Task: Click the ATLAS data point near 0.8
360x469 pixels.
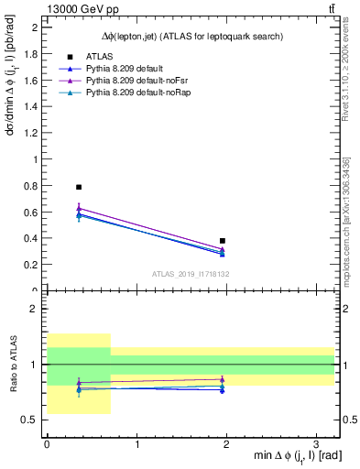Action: pyautogui.click(x=79, y=187)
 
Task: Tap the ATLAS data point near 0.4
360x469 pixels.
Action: pyautogui.click(x=223, y=241)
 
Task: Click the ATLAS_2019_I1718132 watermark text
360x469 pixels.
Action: pyautogui.click(x=191, y=274)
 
